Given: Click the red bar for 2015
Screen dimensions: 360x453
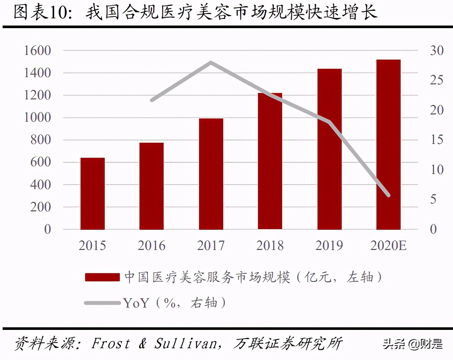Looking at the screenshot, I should [93, 193].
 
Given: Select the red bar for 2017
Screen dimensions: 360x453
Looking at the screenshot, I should [211, 174].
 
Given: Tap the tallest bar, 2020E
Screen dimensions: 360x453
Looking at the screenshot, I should [389, 144].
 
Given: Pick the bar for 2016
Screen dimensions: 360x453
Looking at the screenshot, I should [152, 186].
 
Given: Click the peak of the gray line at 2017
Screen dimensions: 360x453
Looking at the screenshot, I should [211, 62].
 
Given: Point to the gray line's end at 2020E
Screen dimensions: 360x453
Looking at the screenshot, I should [389, 195].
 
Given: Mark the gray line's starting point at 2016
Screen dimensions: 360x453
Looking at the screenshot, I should [152, 100].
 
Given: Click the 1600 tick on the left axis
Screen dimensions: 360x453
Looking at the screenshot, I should [38, 51].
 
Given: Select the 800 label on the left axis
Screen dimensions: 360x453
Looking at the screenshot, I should [41, 140].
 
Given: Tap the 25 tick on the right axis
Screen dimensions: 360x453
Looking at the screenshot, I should [437, 80].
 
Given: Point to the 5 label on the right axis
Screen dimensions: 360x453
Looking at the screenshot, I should [433, 199].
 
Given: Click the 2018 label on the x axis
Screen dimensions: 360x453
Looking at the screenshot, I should [270, 245].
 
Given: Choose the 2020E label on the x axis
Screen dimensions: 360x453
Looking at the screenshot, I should [389, 245].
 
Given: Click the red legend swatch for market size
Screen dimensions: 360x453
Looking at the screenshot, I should [102, 277].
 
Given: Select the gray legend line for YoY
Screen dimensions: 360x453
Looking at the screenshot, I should [102, 303].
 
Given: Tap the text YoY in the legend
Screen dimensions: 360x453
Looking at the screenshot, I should [136, 303].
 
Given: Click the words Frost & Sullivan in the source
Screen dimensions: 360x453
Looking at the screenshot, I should [154, 344].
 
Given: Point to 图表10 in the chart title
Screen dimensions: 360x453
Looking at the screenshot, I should [43, 12].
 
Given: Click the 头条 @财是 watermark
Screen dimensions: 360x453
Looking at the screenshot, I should [413, 344].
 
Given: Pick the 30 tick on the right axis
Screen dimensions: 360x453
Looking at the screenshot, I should [437, 51].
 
